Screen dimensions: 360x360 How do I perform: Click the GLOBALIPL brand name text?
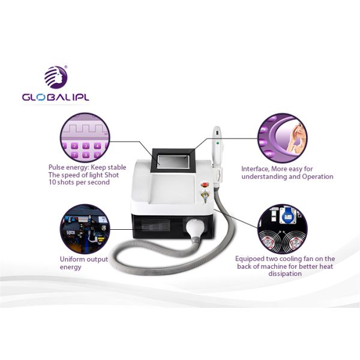coord(55,97)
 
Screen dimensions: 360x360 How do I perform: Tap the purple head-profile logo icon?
coord(56,77)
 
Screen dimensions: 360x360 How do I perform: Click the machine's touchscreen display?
coord(173,161)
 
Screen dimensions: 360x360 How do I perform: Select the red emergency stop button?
coord(204,184)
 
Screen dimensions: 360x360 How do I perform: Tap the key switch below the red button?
coord(204,196)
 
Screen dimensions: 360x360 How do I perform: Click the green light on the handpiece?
coord(218,143)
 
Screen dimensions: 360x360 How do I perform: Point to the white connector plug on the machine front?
coord(194,228)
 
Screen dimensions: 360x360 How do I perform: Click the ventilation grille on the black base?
coord(155,224)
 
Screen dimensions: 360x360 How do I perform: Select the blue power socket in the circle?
coord(287,215)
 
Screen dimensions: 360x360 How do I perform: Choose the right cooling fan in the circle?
coord(294,242)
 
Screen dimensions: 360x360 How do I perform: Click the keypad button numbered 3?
coord(86,146)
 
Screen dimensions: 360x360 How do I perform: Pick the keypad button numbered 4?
coord(97,146)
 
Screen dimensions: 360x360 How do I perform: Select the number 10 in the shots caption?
coord(52,182)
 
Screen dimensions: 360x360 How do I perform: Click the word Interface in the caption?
coord(256,169)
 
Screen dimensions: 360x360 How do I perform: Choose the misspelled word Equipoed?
coord(250,259)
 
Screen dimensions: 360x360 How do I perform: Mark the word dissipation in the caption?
coord(285,274)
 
